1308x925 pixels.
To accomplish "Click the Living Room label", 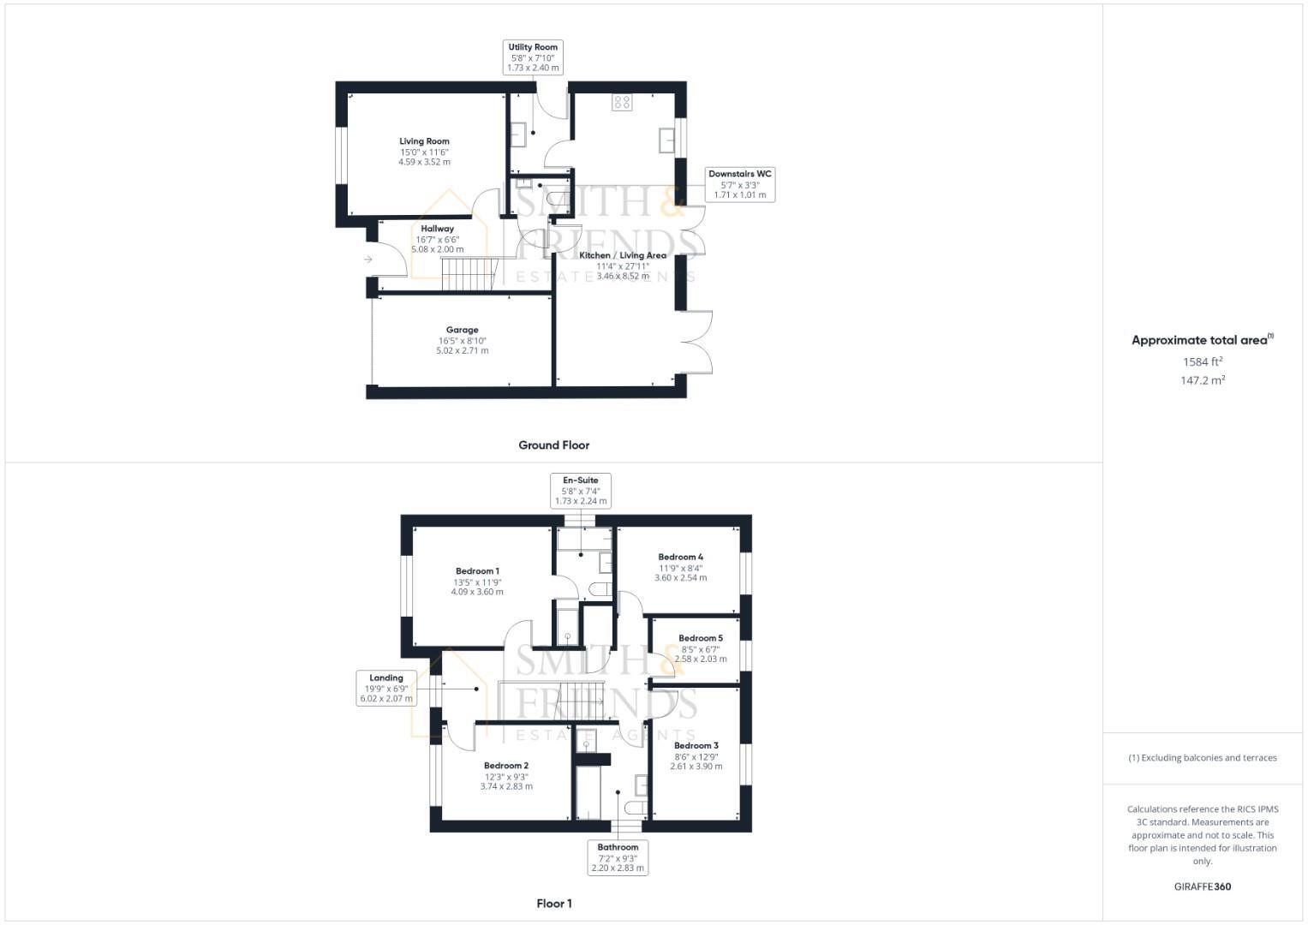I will click(x=424, y=141).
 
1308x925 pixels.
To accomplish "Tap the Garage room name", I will click(x=462, y=330).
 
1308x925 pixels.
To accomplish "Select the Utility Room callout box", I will click(x=533, y=57).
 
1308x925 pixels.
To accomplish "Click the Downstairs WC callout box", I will click(x=740, y=184).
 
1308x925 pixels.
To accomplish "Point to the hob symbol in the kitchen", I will click(x=622, y=103).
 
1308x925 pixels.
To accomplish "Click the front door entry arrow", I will click(x=368, y=259).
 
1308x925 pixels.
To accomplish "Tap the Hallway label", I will click(x=437, y=229).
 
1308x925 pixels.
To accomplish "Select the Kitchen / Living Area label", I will click(x=623, y=255).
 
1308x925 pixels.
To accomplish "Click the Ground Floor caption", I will click(x=553, y=445).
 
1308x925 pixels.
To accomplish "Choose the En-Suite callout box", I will click(x=581, y=491).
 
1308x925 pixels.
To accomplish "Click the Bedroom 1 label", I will click(x=477, y=571).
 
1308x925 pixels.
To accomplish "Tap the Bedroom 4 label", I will click(x=681, y=557).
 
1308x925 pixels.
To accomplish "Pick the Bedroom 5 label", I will click(x=701, y=638).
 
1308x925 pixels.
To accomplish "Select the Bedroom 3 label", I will click(x=696, y=746).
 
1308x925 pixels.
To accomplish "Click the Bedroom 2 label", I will click(x=505, y=766).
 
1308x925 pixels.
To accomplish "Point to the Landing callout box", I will click(x=386, y=689).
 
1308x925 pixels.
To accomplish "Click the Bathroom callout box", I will click(x=618, y=857).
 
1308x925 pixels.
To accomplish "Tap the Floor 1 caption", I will click(x=553, y=904).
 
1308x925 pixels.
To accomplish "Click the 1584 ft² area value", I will click(x=1203, y=362).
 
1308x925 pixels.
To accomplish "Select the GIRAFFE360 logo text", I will click(x=1203, y=886).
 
